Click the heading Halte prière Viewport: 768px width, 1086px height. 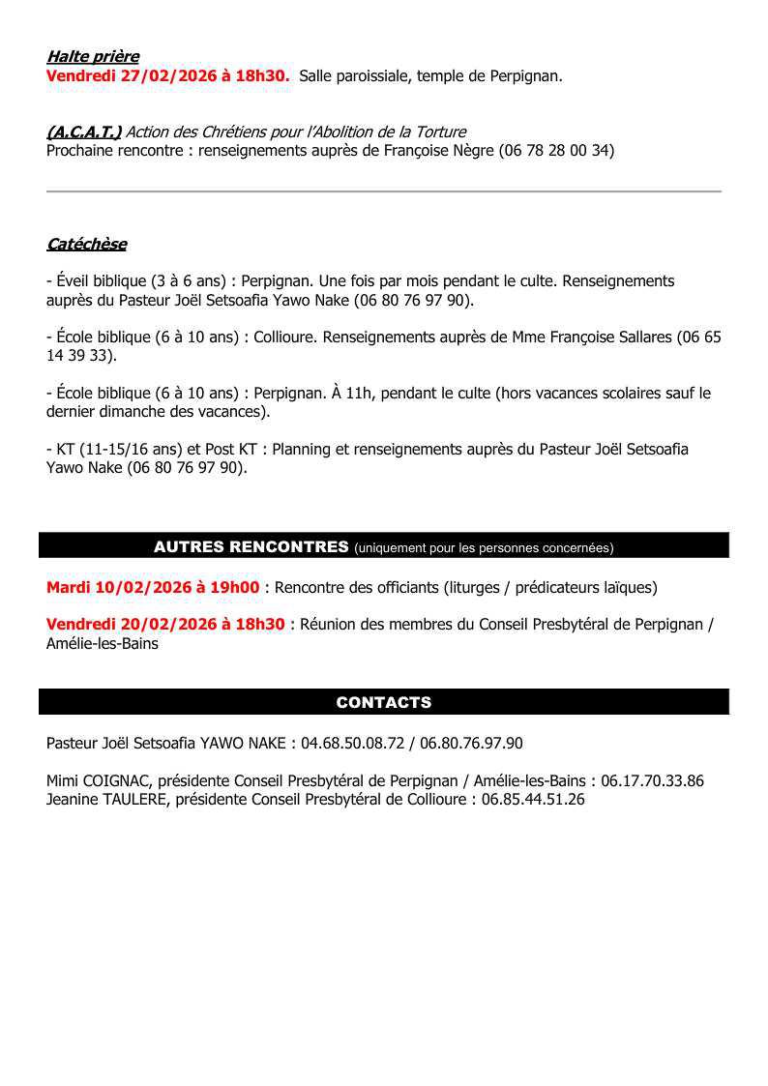(x=93, y=57)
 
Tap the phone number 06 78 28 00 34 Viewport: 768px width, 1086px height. (x=556, y=150)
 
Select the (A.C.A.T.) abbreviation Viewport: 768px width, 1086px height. (x=83, y=132)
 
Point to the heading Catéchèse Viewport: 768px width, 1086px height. (x=86, y=245)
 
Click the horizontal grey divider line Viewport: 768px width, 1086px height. (x=384, y=191)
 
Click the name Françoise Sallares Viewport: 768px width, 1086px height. (x=609, y=338)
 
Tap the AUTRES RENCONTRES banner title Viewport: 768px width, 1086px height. (x=251, y=546)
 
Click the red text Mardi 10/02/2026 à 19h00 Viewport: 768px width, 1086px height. (x=153, y=587)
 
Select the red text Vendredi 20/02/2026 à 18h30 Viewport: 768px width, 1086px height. (x=165, y=625)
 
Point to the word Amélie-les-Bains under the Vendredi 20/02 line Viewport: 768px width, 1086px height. (x=103, y=643)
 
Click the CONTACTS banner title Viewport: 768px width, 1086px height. (x=384, y=702)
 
